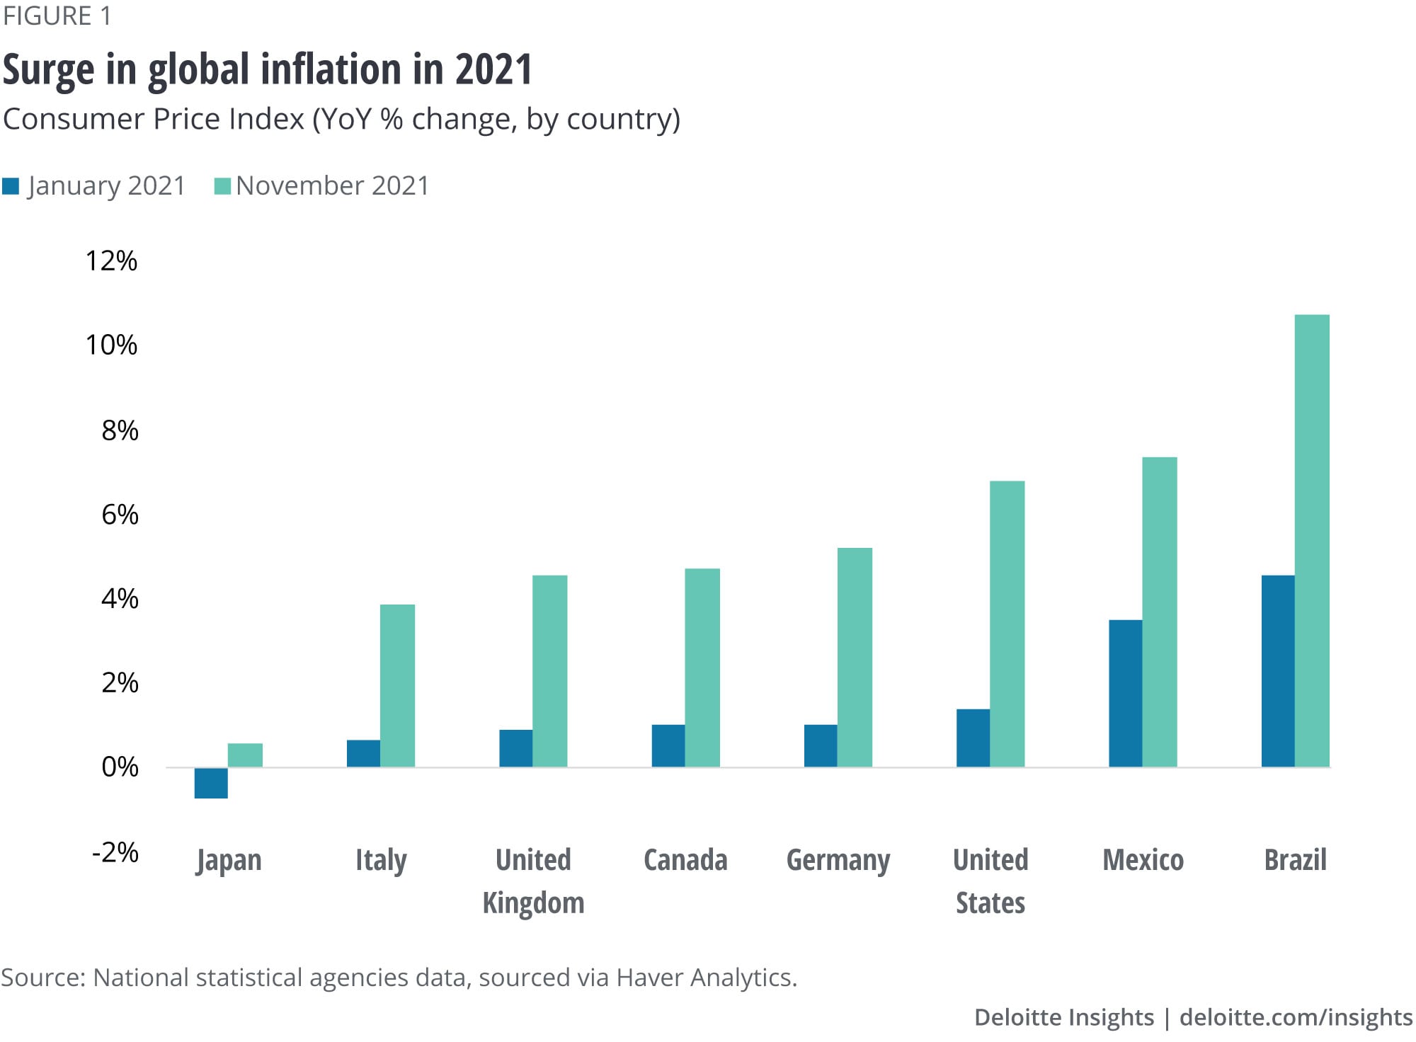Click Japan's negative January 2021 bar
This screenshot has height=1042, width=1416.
[211, 783]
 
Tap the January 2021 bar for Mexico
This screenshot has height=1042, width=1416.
[1125, 693]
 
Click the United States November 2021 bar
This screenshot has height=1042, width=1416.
[1007, 624]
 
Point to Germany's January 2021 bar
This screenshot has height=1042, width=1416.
[821, 745]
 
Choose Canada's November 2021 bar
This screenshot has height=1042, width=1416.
[702, 668]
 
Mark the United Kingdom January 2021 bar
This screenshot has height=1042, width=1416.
[515, 748]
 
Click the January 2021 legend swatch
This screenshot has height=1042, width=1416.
[11, 186]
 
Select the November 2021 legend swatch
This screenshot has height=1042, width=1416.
[222, 186]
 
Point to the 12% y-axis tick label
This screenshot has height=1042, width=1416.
[111, 261]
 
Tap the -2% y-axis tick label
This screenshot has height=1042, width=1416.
[115, 852]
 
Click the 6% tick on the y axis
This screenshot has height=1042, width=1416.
[120, 515]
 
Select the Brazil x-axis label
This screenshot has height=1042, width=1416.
[1295, 860]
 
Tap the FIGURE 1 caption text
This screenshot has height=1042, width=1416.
[57, 16]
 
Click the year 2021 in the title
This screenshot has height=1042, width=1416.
[493, 69]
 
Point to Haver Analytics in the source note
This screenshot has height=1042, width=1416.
[706, 978]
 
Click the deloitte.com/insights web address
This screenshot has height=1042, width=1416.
[1296, 1017]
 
